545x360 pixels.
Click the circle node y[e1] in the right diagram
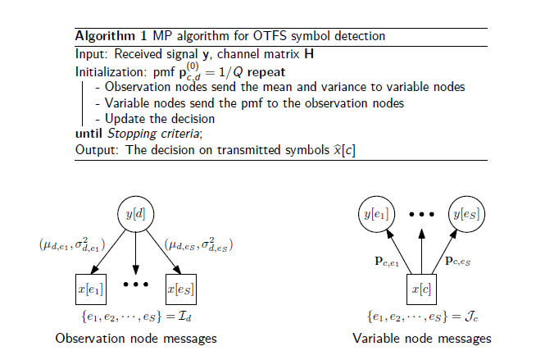375,214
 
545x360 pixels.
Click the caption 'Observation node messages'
136,338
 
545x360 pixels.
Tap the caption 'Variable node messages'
422,338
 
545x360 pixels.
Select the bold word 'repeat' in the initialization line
261,71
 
